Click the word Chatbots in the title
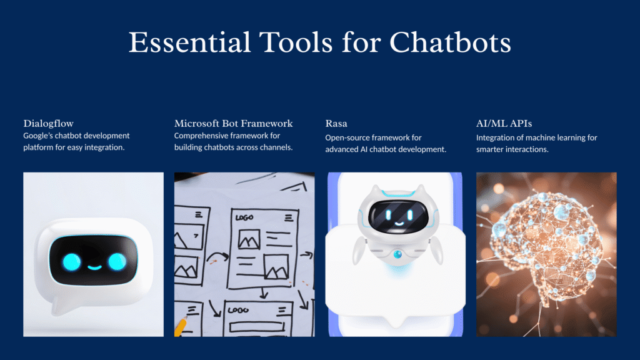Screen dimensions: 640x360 (450, 42)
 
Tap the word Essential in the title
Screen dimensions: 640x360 (190, 42)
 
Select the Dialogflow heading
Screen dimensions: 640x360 (48, 123)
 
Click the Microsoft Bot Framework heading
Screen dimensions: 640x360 (234, 123)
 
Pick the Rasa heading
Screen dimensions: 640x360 (336, 123)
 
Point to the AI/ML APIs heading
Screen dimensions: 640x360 (504, 123)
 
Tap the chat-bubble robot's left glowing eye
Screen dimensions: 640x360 (72, 262)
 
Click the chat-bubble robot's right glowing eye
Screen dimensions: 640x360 (117, 262)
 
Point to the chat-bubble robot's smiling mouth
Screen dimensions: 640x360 (95, 267)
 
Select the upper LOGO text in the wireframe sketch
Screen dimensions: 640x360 (244, 218)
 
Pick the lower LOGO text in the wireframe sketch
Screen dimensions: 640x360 (238, 310)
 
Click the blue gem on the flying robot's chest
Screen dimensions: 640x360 (397, 255)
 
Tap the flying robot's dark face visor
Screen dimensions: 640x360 (398, 216)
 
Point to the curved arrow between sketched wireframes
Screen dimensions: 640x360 (217, 256)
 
